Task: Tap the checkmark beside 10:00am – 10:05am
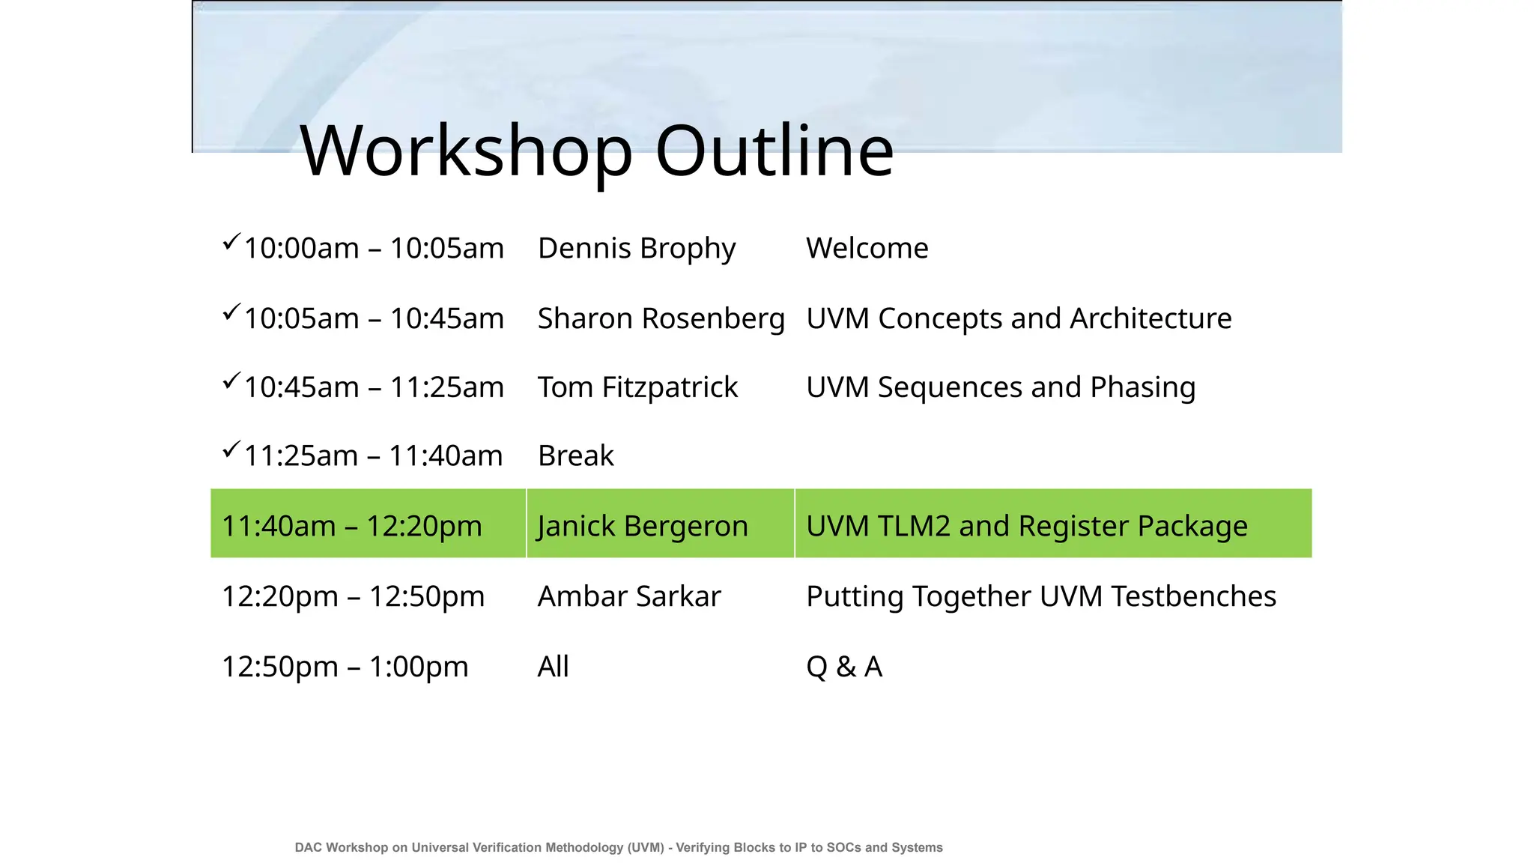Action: click(231, 242)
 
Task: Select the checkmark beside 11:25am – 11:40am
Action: click(231, 449)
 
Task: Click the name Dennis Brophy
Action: click(637, 249)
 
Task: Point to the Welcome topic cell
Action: click(867, 249)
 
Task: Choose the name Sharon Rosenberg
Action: click(661, 319)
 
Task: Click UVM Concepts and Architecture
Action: click(1019, 319)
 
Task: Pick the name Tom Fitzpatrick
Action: click(637, 388)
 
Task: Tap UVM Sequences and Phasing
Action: click(1001, 388)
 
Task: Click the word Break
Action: click(575, 456)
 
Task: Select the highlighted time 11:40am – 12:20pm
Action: click(352, 526)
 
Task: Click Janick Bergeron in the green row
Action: click(643, 526)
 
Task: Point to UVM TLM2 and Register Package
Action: click(1027, 526)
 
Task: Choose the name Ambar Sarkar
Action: click(629, 597)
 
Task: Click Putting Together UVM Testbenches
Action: click(1041, 597)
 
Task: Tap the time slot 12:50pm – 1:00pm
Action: click(345, 667)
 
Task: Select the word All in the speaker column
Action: click(553, 667)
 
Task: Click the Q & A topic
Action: click(844, 667)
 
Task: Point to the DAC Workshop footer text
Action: click(619, 847)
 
